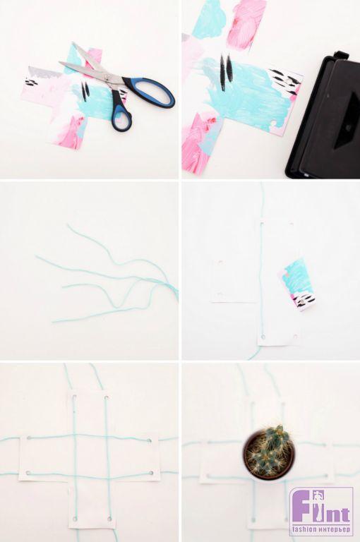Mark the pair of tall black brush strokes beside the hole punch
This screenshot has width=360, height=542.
tap(226, 71)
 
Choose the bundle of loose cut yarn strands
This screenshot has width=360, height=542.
tap(107, 277)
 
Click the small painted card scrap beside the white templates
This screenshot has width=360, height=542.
tap(297, 284)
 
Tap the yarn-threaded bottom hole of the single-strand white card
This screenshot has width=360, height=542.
tap(263, 337)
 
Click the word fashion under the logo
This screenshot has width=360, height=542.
tap(306, 529)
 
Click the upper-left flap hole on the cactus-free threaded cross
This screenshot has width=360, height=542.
tap(29, 438)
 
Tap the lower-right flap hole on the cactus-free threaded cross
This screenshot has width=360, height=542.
tap(150, 473)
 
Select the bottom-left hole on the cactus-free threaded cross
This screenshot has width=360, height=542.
tap(75, 519)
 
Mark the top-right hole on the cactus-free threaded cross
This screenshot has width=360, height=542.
tap(107, 398)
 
